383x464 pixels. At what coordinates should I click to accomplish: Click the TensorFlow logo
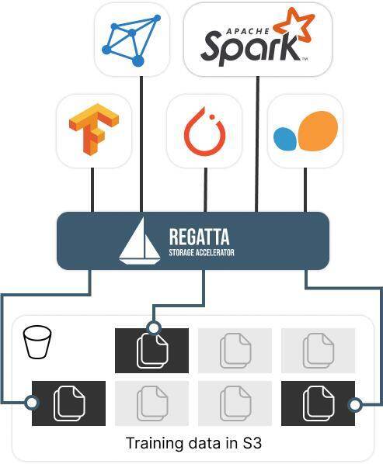[x=93, y=129]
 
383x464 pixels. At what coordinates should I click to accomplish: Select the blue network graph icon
[x=131, y=40]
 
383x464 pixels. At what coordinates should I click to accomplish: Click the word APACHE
[x=248, y=31]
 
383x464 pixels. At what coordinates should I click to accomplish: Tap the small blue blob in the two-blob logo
[x=284, y=138]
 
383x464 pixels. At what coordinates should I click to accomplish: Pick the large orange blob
[x=318, y=131]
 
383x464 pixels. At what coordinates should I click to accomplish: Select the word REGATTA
[x=199, y=237]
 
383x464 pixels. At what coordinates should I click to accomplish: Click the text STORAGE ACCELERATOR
[x=201, y=252]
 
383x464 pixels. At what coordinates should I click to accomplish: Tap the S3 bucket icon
[x=37, y=342]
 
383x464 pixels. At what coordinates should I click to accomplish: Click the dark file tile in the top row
[x=151, y=351]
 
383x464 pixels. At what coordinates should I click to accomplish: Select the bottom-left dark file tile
[x=68, y=403]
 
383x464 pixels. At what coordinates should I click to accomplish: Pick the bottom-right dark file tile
[x=318, y=403]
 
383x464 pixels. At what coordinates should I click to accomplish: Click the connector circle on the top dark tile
[x=154, y=328]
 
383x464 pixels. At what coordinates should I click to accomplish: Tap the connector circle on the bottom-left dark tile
[x=31, y=403]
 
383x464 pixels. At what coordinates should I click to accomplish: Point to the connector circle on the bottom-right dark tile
[x=355, y=404]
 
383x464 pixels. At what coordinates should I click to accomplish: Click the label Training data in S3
[x=193, y=443]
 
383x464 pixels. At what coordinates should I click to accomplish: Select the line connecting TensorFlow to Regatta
[x=92, y=190]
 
